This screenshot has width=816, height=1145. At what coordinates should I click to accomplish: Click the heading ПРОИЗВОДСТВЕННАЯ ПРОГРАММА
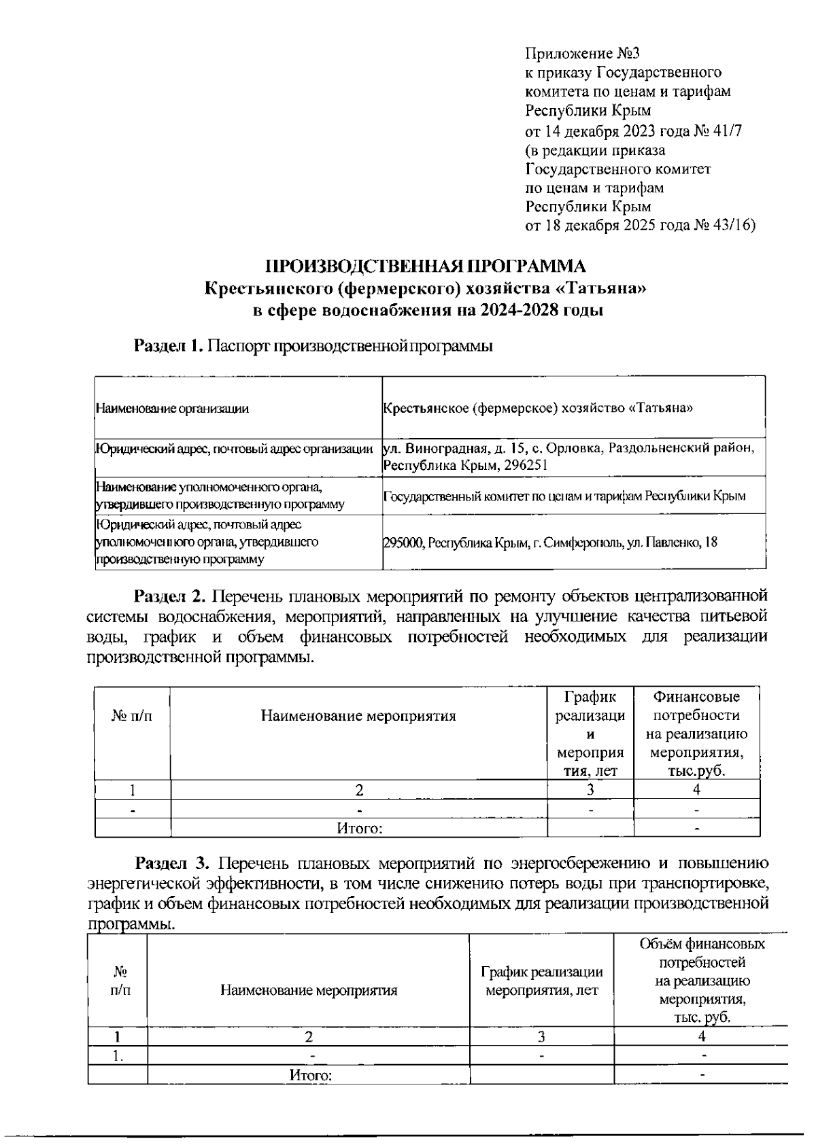pyautogui.click(x=425, y=266)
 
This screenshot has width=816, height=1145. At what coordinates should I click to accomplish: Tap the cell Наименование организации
pyautogui.click(x=172, y=409)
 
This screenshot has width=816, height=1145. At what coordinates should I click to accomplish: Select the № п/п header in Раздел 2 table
pyautogui.click(x=132, y=716)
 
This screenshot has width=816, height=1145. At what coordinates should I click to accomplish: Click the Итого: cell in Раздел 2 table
pyautogui.click(x=359, y=829)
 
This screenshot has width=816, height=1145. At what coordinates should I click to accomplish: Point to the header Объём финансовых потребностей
pyautogui.click(x=702, y=954)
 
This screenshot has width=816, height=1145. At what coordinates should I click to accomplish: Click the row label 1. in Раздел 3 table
pyautogui.click(x=118, y=1056)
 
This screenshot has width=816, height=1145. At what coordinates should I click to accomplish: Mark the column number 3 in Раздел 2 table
pyautogui.click(x=590, y=790)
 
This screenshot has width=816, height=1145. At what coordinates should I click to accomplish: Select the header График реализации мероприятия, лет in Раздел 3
pyautogui.click(x=541, y=981)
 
